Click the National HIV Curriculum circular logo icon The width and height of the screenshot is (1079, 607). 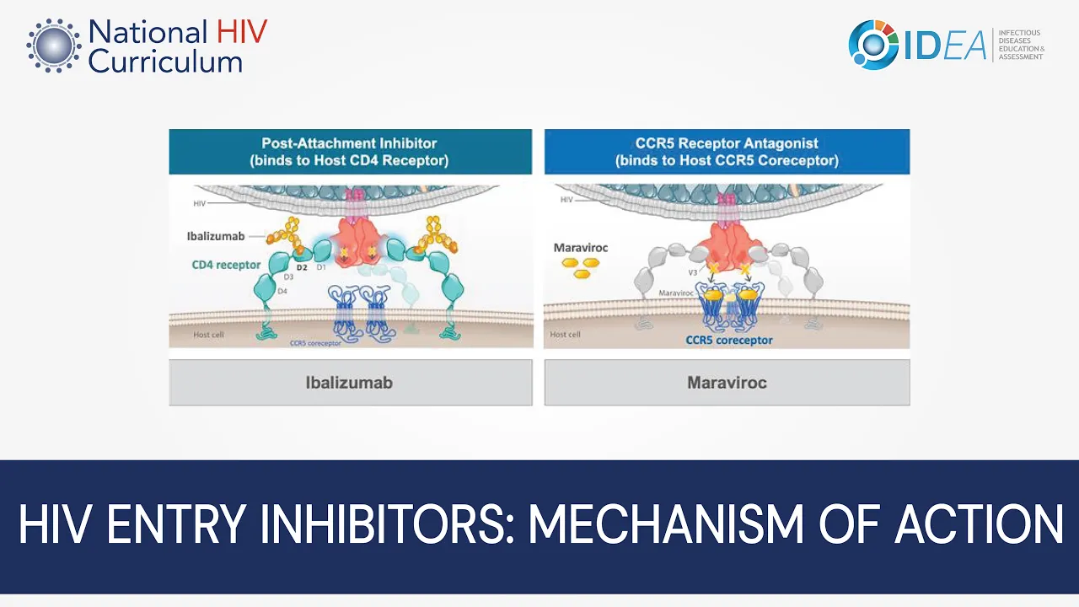(53, 45)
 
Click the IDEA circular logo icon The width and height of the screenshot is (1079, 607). (873, 44)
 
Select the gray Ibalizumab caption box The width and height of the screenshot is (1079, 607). (350, 383)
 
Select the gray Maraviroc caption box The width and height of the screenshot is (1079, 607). (727, 383)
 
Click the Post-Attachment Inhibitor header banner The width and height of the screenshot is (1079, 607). (350, 152)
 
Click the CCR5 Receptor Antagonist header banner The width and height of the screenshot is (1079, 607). (727, 152)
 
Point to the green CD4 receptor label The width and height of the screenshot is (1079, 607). (226, 265)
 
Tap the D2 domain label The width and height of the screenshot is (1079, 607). (302, 267)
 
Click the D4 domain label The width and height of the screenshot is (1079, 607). (282, 292)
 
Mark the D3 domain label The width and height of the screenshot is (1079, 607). (288, 277)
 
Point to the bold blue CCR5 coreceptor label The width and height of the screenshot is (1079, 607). (729, 341)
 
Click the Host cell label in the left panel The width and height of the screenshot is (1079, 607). (208, 335)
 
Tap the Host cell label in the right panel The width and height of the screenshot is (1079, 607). (565, 335)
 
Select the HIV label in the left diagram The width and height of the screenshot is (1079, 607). (200, 203)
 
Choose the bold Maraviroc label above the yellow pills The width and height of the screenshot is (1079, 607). (581, 248)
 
